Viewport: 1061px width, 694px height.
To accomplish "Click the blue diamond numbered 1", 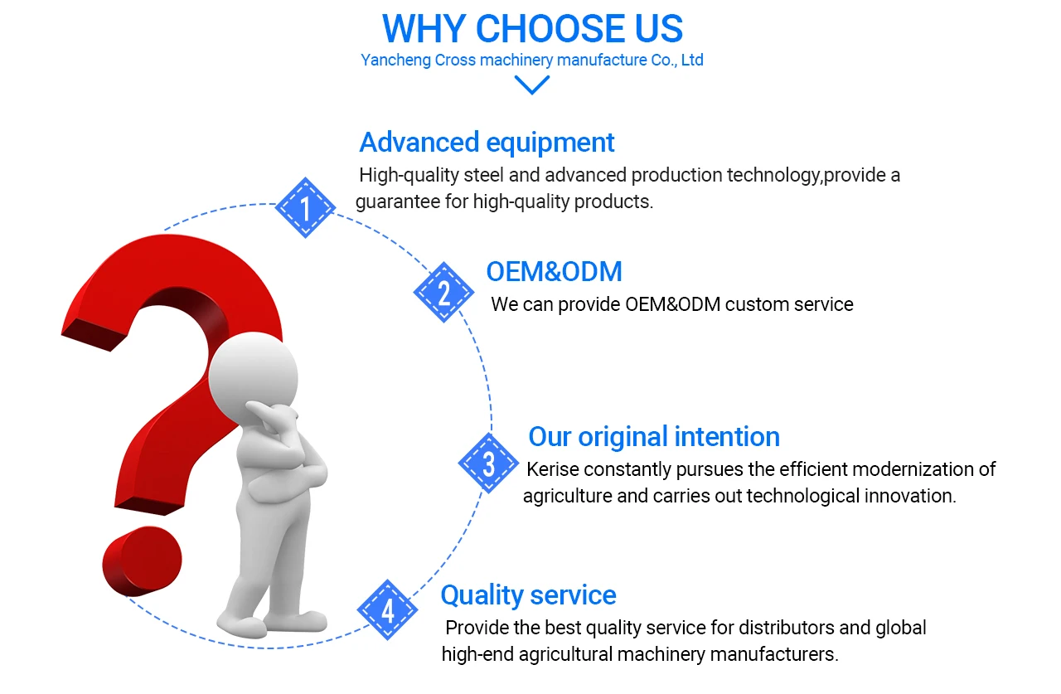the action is (x=306, y=207).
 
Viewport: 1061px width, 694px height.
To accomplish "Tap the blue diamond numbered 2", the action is (x=443, y=293).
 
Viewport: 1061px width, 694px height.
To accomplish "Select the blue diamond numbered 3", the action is (x=488, y=463).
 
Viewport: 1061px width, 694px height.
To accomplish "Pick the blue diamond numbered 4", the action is (x=387, y=610).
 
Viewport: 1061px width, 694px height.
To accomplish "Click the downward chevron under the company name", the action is (x=532, y=85).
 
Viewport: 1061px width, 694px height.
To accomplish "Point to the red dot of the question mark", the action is (x=142, y=561).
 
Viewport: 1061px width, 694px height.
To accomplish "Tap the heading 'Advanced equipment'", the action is (x=487, y=143).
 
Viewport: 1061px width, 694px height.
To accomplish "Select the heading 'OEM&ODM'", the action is (x=555, y=271).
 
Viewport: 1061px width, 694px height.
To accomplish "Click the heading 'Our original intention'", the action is (x=654, y=437).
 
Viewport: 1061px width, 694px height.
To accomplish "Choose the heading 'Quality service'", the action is (x=529, y=595).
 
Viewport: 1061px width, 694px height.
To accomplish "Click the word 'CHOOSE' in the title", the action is (x=550, y=28).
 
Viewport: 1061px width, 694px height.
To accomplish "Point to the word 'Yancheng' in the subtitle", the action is (x=395, y=61).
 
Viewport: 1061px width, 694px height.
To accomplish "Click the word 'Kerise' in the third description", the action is (x=553, y=469).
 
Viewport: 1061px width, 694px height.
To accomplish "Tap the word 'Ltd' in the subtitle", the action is (x=692, y=61).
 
